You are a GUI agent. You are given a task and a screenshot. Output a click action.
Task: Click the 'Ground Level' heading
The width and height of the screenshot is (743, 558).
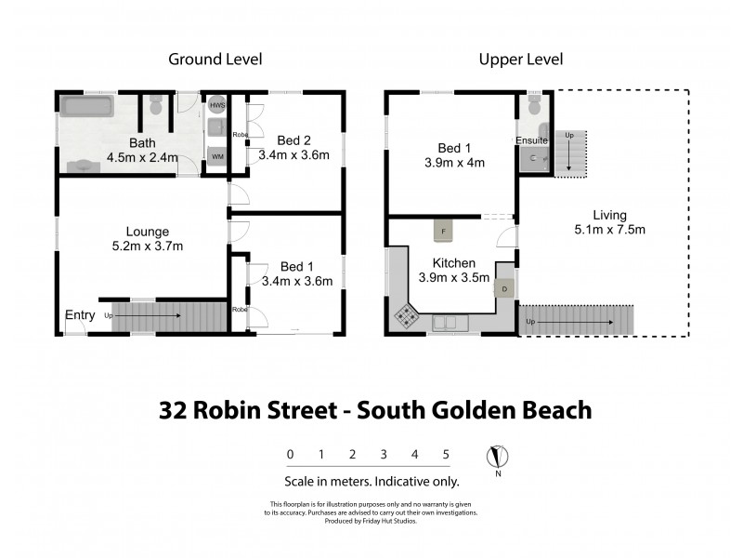pos(215,60)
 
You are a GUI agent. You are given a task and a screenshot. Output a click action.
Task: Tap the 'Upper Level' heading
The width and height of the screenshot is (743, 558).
pos(521,60)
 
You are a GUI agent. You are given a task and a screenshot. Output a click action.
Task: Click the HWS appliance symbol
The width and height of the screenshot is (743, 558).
pos(217,106)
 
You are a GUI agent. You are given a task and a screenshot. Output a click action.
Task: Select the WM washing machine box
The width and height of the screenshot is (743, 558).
pos(216,156)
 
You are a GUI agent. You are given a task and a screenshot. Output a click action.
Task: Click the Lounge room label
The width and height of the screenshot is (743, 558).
pos(148,232)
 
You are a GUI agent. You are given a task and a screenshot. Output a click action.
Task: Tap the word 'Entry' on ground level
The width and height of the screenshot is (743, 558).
pos(80,315)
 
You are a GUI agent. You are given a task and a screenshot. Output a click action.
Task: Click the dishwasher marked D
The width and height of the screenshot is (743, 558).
pos(504,288)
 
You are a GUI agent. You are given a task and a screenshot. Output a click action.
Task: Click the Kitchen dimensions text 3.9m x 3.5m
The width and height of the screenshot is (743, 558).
pos(454,277)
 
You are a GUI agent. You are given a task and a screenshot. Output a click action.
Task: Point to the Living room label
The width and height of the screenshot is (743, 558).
pos(604,214)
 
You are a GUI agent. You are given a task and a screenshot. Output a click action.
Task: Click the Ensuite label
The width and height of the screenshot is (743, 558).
pos(531,140)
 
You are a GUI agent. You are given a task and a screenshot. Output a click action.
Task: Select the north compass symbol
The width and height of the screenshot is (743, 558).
pos(499,457)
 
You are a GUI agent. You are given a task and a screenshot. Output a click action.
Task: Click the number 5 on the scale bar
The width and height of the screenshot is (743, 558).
pos(447,455)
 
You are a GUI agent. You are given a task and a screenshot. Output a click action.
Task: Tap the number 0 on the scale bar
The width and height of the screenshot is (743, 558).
pos(290,455)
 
